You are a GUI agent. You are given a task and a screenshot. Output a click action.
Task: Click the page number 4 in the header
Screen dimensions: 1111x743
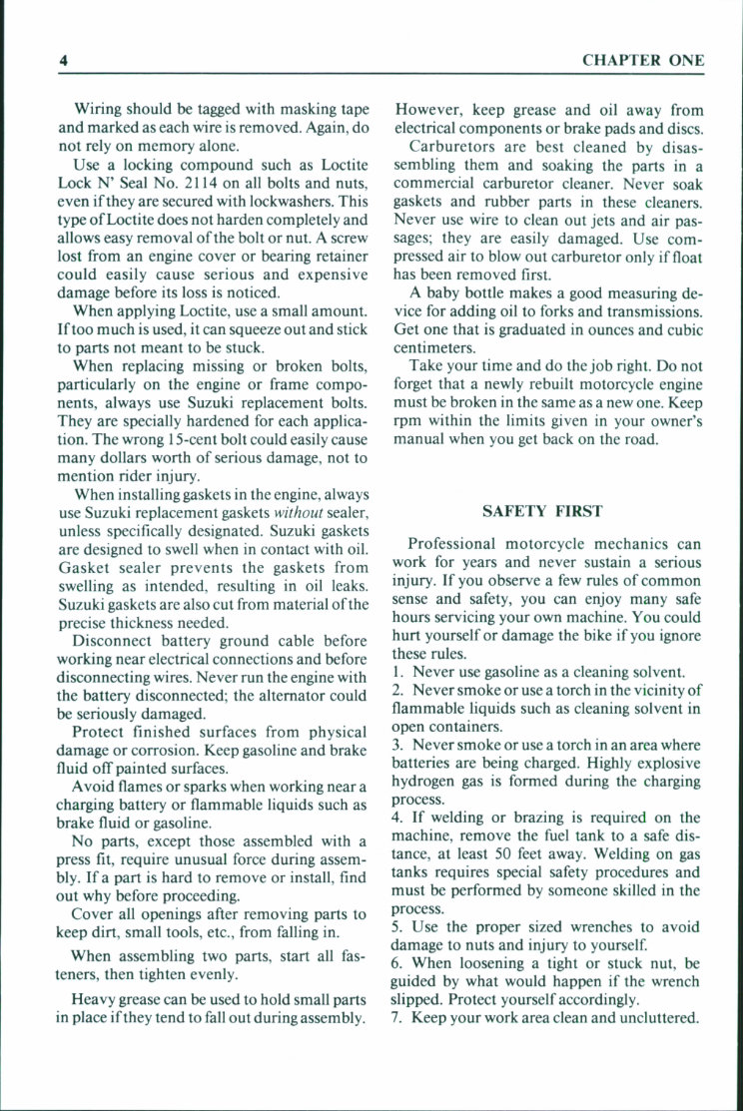point(62,60)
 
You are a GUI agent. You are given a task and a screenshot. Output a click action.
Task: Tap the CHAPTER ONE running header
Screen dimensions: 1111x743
point(643,60)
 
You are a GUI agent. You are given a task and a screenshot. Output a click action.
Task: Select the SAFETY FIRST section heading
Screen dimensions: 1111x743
point(542,511)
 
